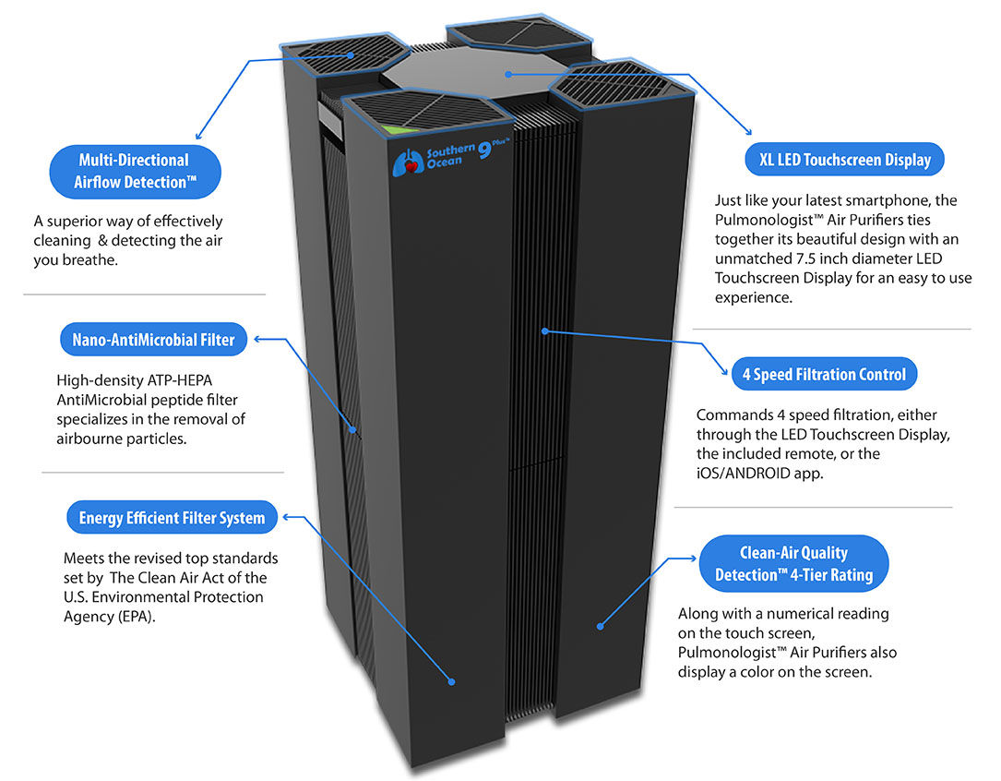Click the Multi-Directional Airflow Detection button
(136, 172)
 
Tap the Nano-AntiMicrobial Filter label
(153, 340)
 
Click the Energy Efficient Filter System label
(172, 518)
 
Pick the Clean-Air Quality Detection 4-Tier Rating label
(793, 563)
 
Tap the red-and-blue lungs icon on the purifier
(404, 163)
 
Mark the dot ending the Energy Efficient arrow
(453, 682)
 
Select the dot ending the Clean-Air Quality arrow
(600, 626)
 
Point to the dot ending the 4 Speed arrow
(546, 329)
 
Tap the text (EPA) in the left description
(136, 617)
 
